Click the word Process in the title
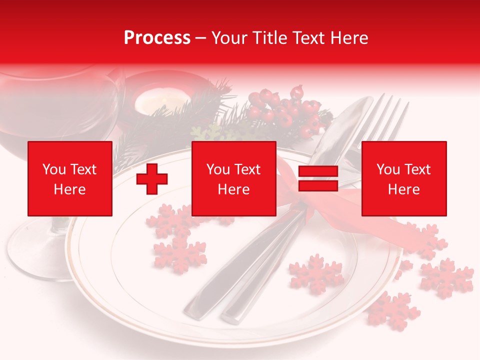[157, 38]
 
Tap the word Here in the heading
[347, 38]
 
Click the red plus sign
[152, 179]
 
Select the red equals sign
[318, 179]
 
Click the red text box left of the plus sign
[70, 178]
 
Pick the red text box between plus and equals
[234, 178]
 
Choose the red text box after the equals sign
[404, 178]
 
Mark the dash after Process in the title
[201, 38]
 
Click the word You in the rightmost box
[387, 169]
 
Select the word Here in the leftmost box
[70, 189]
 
